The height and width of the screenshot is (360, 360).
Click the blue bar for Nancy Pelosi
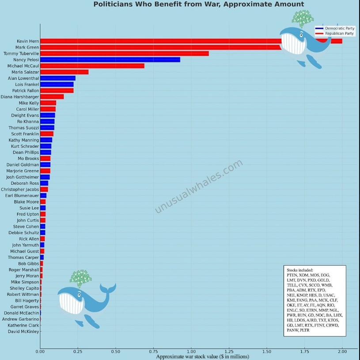point(110,60)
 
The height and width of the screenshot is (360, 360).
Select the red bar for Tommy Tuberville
point(124,53)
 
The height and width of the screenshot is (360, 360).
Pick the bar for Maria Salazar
point(64,72)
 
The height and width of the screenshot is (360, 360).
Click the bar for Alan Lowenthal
point(57,78)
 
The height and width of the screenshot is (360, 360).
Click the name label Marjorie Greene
point(23,171)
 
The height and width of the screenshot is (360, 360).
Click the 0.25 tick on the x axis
point(78,352)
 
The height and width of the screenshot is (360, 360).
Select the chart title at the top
point(198,4)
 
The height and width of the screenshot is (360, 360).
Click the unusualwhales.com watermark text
point(198,186)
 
